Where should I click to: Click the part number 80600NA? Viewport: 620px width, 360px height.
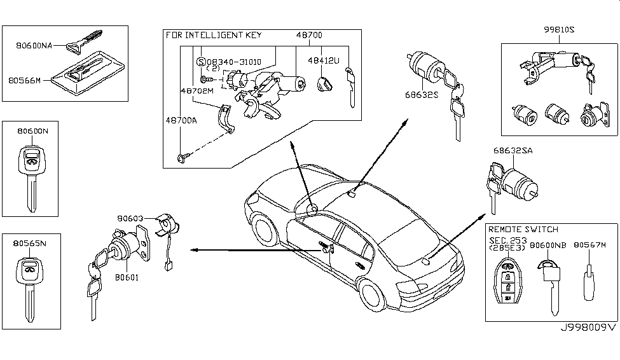tap(34, 45)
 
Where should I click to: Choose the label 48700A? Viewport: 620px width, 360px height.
tap(182, 120)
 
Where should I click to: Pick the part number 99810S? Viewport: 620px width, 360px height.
tap(560, 30)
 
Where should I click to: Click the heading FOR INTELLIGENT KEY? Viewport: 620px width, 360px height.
tap(214, 35)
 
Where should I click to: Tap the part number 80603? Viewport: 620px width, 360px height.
tap(130, 218)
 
